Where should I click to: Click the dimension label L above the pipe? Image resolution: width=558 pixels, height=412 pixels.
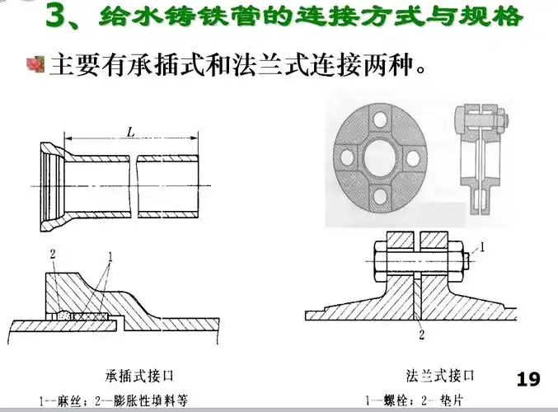pyautogui.click(x=131, y=131)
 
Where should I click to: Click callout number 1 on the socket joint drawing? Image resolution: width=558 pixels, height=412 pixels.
pyautogui.click(x=110, y=258)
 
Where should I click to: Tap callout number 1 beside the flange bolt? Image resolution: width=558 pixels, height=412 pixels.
pyautogui.click(x=483, y=246)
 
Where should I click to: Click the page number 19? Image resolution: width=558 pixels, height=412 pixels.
pyautogui.click(x=528, y=379)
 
